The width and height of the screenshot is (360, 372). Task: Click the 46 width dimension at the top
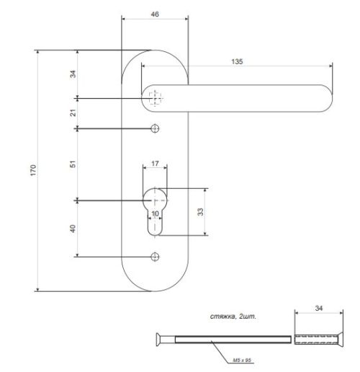click(x=155, y=14)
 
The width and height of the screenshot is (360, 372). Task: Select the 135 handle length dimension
click(x=237, y=62)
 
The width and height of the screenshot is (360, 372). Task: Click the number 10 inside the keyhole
click(x=155, y=213)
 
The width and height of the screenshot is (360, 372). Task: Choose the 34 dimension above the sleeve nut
click(x=319, y=308)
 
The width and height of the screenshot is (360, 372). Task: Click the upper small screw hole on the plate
click(x=155, y=128)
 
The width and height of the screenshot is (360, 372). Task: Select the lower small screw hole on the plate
click(x=155, y=256)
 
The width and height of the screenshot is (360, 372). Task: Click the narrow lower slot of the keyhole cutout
click(x=155, y=225)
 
